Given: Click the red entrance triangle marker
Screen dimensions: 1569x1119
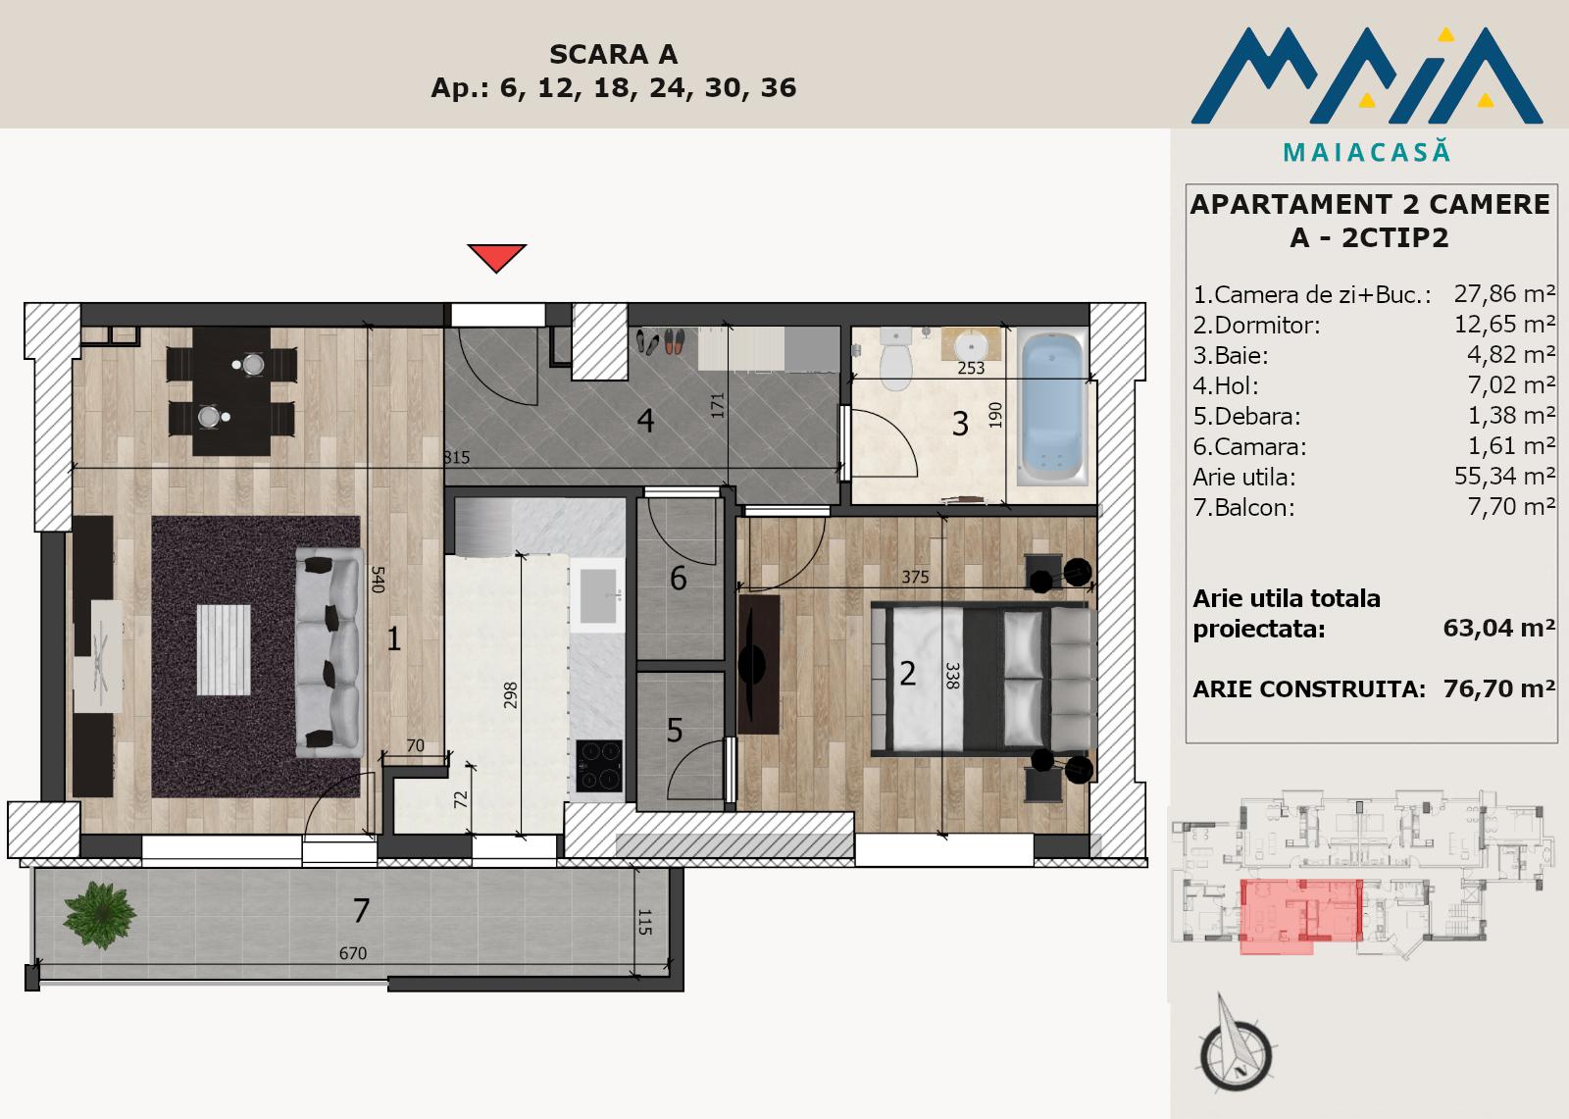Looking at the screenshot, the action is click(496, 256).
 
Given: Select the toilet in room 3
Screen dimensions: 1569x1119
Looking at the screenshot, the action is click(895, 357).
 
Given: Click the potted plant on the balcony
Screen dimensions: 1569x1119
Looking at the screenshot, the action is click(99, 915).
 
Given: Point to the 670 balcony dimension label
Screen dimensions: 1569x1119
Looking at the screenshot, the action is click(352, 953).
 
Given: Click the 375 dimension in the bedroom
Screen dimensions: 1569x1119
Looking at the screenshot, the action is click(915, 577).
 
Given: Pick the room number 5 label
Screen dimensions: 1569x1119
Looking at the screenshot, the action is click(675, 730).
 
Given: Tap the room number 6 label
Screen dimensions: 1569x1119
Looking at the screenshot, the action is click(678, 579).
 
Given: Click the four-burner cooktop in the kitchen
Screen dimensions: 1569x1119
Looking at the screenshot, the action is click(599, 765).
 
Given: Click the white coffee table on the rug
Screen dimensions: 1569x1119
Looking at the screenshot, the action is click(224, 649).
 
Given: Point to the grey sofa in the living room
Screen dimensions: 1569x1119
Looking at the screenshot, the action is click(329, 652).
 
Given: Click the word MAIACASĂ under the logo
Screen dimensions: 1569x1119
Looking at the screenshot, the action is click(1367, 152).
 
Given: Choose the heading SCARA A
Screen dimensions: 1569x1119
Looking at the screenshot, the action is click(613, 54).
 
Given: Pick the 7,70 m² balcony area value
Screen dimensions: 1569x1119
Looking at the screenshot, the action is click(1511, 507).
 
